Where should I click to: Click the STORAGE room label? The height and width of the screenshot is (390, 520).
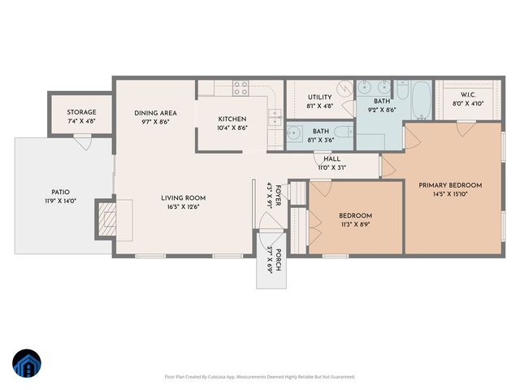(x=81, y=112)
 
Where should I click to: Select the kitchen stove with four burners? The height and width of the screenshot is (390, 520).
(x=240, y=87)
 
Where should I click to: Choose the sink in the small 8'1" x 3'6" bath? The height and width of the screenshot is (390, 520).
(x=294, y=134)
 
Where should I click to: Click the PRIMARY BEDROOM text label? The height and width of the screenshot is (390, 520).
(x=450, y=185)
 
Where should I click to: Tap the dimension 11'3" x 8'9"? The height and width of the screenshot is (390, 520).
(x=355, y=225)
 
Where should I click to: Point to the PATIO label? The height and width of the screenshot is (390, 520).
(x=61, y=192)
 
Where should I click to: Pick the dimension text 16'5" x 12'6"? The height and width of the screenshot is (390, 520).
(x=183, y=207)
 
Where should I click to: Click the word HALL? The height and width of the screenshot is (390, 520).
(x=331, y=158)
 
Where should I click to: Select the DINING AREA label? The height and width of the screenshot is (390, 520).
(x=155, y=113)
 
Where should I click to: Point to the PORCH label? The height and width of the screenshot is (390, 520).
(x=279, y=256)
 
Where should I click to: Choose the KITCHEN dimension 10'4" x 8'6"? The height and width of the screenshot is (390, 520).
(x=232, y=128)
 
